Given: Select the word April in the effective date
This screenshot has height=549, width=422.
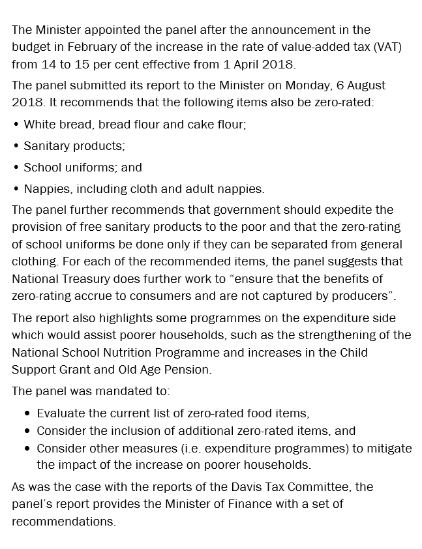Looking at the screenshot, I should [x=247, y=64].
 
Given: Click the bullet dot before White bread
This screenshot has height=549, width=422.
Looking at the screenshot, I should [x=16, y=124].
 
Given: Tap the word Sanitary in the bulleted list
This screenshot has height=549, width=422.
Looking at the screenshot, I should [x=44, y=145].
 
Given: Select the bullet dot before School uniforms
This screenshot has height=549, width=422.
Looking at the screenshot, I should [x=16, y=168].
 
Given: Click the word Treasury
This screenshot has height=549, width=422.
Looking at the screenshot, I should [x=87, y=278].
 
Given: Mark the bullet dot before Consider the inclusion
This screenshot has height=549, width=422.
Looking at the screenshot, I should [x=27, y=431].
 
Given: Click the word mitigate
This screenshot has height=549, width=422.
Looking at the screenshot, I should [x=389, y=448].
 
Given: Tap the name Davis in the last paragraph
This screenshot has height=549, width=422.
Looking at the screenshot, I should [x=256, y=487].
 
